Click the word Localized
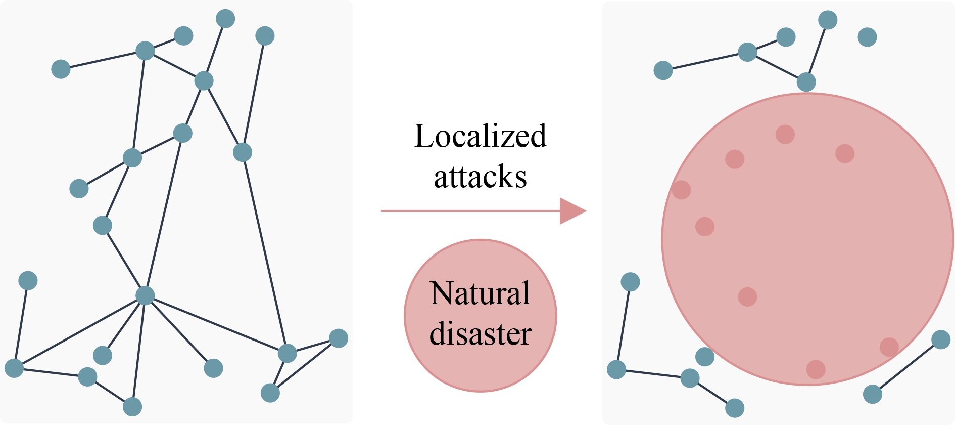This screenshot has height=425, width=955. point(480,137)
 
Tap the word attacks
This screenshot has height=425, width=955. point(480,177)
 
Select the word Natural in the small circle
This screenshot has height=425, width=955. point(480,293)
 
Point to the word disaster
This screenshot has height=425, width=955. point(480,334)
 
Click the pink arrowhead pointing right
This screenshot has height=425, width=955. point(572,211)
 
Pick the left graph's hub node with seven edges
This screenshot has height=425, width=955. point(145,295)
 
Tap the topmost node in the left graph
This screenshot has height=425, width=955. point(225,19)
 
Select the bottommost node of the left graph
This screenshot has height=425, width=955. point(132,407)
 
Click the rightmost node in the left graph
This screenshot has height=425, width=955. point(339,338)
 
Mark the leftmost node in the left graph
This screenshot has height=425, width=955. point(14,368)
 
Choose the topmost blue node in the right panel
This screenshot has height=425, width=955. point(828,20)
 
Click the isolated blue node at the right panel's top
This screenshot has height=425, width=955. point(867,37)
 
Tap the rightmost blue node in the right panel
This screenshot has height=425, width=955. point(941,339)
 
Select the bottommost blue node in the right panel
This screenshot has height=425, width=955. point(735,408)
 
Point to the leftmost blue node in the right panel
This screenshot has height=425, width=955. point(616,369)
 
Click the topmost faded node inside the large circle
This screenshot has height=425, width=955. point(785,135)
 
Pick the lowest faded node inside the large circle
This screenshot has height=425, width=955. point(816,369)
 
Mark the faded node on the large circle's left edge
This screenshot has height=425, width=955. point(682,190)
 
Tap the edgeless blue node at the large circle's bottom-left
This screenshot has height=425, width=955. point(705,357)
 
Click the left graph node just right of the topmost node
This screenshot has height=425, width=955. point(265,36)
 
